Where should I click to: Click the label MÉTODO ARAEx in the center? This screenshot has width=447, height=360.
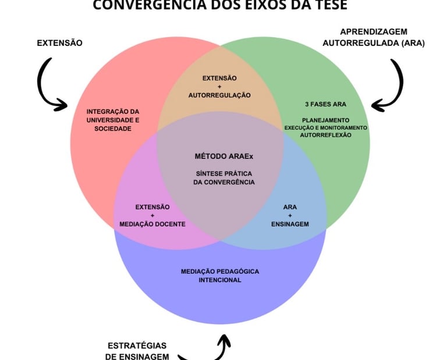pyautogui.click(x=219, y=156)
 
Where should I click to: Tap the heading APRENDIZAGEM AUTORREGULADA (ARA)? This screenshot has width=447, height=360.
pyautogui.click(x=374, y=37)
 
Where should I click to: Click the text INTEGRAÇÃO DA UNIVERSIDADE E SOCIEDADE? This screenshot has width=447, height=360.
pyautogui.click(x=113, y=120)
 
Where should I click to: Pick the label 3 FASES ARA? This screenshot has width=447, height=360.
pyautogui.click(x=325, y=105)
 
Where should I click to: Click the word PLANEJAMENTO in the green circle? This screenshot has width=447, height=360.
pyautogui.click(x=325, y=120)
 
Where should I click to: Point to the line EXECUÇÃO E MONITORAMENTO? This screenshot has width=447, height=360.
pyautogui.click(x=325, y=127)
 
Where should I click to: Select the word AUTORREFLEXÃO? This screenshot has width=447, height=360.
pyautogui.click(x=325, y=135)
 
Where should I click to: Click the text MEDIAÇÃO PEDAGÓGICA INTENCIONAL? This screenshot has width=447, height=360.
pyautogui.click(x=219, y=275)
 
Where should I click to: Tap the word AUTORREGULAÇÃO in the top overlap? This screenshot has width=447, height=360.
pyautogui.click(x=219, y=95)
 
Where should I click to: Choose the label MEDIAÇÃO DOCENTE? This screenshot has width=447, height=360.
pyautogui.click(x=152, y=224)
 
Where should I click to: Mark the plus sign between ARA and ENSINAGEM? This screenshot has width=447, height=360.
pyautogui.click(x=290, y=216)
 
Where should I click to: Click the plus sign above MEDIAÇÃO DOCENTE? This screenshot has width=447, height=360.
pyautogui.click(x=152, y=216)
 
